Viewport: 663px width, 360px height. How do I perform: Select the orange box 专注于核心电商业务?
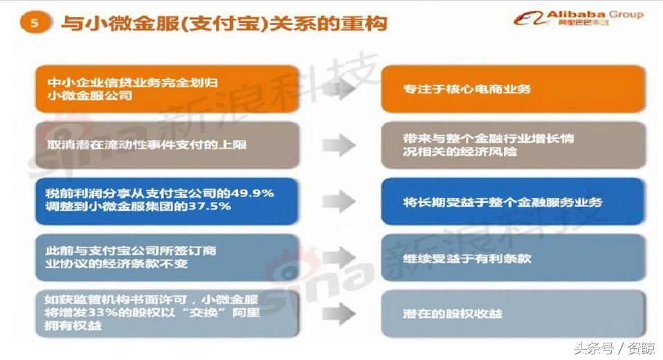tap(512, 89)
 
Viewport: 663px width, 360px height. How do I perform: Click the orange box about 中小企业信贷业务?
tap(166, 89)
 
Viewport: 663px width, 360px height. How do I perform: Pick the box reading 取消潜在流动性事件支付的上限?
tap(166, 145)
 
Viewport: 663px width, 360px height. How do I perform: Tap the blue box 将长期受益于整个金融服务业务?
tap(512, 201)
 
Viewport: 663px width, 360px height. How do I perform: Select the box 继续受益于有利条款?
tap(512, 258)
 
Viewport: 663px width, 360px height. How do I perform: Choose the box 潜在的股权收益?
tap(512, 313)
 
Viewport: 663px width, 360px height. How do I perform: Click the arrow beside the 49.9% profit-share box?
tap(338, 201)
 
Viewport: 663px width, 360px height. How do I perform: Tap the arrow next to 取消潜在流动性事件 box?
tap(338, 145)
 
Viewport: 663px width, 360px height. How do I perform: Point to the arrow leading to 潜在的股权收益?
tap(338, 313)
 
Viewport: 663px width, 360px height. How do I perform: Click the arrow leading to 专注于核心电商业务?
tap(338, 89)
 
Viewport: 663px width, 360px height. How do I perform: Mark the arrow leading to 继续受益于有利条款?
tap(338, 258)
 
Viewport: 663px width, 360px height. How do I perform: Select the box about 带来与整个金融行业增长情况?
tap(512, 145)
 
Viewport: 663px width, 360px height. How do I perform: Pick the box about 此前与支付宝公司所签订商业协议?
tap(166, 258)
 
